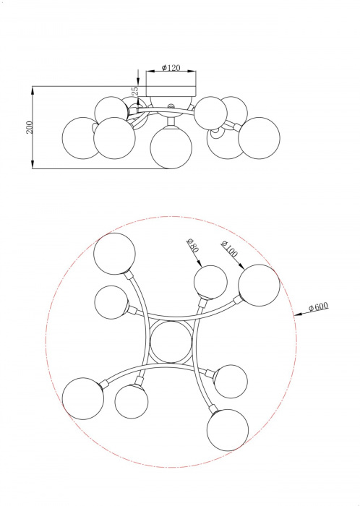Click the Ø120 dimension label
coord(171,67)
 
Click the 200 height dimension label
coord(30,127)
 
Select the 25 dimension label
coord(135,90)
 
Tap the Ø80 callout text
coord(193,244)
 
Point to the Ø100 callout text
coord(229,249)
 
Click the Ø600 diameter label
coord(318,306)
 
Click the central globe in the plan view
coord(171,342)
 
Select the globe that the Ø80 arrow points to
coord(210,283)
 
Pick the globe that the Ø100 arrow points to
coord(259,286)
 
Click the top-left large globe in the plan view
coord(114,254)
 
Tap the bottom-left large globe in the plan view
coord(83,398)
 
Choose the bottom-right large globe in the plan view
coord(228,430)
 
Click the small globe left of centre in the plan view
coord(111,302)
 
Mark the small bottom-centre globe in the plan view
coord(132,402)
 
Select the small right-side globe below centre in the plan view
coord(231,382)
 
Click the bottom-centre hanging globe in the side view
coord(171,147)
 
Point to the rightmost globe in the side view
coord(259,138)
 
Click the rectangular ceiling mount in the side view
coord(171,91)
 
